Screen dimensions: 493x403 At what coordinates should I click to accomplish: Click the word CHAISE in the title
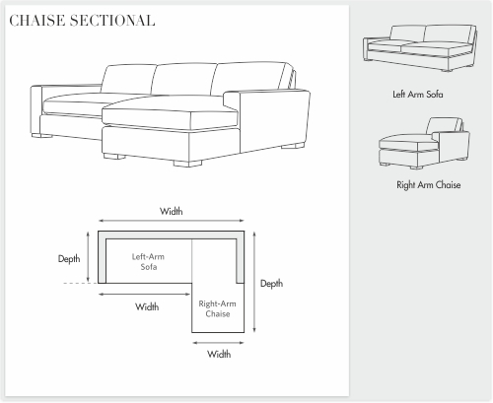pos(36,21)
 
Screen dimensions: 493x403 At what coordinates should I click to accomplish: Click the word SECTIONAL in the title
pos(112,21)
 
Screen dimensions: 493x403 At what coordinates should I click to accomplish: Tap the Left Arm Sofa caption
pos(418,95)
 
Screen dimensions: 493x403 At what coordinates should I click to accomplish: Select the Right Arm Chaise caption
pos(428,185)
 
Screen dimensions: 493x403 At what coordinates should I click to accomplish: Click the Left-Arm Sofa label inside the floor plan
pos(148,262)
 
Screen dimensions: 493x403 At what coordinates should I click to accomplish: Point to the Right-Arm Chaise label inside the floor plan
pos(217,308)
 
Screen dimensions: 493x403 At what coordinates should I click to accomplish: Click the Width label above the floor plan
pos(172,211)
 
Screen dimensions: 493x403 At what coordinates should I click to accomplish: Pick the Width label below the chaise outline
pos(219,354)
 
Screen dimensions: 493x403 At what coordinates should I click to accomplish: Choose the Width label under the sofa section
pos(147,306)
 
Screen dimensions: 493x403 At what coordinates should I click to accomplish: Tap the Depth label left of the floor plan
pos(69,259)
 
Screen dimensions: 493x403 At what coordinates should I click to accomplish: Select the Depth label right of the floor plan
pos(271,284)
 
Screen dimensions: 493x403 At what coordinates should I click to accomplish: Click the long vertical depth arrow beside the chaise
pos(254,282)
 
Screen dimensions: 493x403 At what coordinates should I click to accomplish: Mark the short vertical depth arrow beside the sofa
pos(88,257)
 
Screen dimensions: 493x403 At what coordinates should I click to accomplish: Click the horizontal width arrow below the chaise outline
pos(218,343)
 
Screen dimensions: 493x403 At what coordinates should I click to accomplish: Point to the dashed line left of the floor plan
pos(81,283)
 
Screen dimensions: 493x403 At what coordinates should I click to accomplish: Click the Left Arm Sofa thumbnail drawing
pos(420,48)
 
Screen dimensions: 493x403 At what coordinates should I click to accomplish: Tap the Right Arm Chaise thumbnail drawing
pos(424,143)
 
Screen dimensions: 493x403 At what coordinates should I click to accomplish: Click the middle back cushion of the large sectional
pos(184,80)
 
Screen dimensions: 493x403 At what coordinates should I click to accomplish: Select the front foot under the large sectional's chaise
pos(187,164)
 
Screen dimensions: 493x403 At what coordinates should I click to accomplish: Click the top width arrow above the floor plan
pos(172,221)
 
